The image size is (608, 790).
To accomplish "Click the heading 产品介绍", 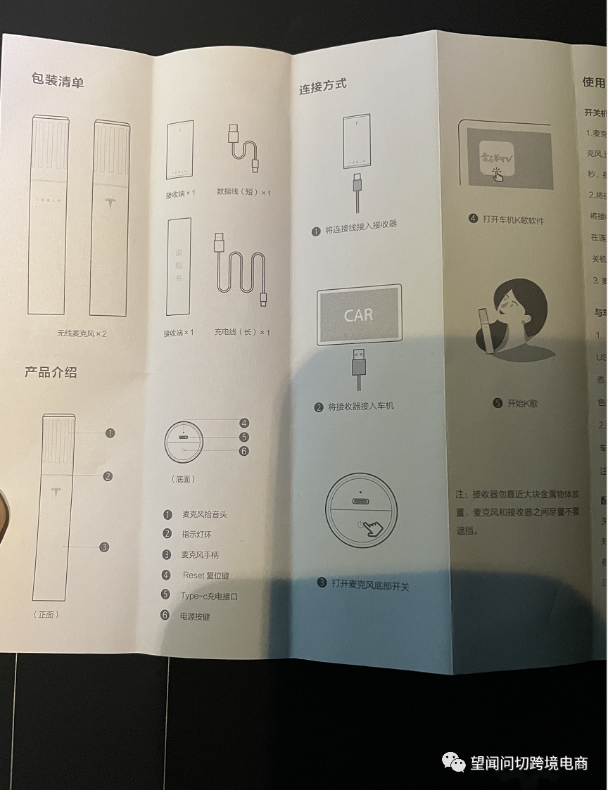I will pos(51,372).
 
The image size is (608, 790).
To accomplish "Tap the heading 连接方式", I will pos(322,87).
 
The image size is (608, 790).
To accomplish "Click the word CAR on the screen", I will pos(358,315).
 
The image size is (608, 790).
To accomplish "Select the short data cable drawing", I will pos(243,147).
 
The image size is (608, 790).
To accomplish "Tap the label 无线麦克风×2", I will pos(82,333).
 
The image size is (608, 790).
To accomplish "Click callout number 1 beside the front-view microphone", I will pos(110,433).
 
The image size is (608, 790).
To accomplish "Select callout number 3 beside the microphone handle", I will pos(104,547).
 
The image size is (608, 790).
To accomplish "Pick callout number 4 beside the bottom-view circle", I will pos(243,423).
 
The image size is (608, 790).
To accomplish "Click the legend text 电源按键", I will pos(196,616).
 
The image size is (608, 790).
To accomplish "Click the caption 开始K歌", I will pos(520,404).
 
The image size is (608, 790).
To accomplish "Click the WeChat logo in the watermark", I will pos(452,763).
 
